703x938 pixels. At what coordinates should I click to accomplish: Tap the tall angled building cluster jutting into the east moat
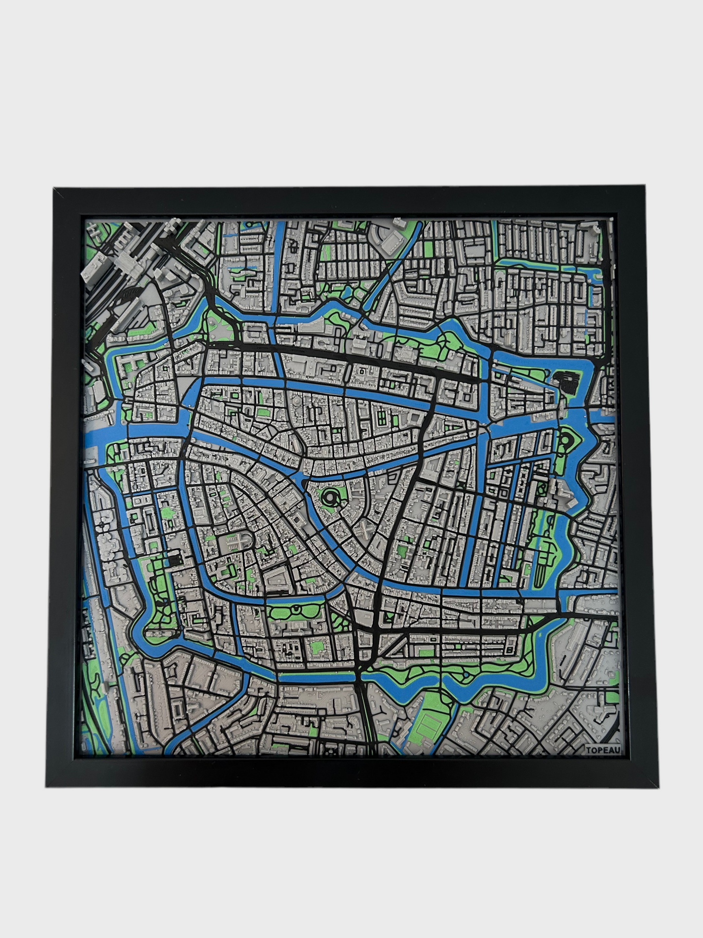coord(559,501)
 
